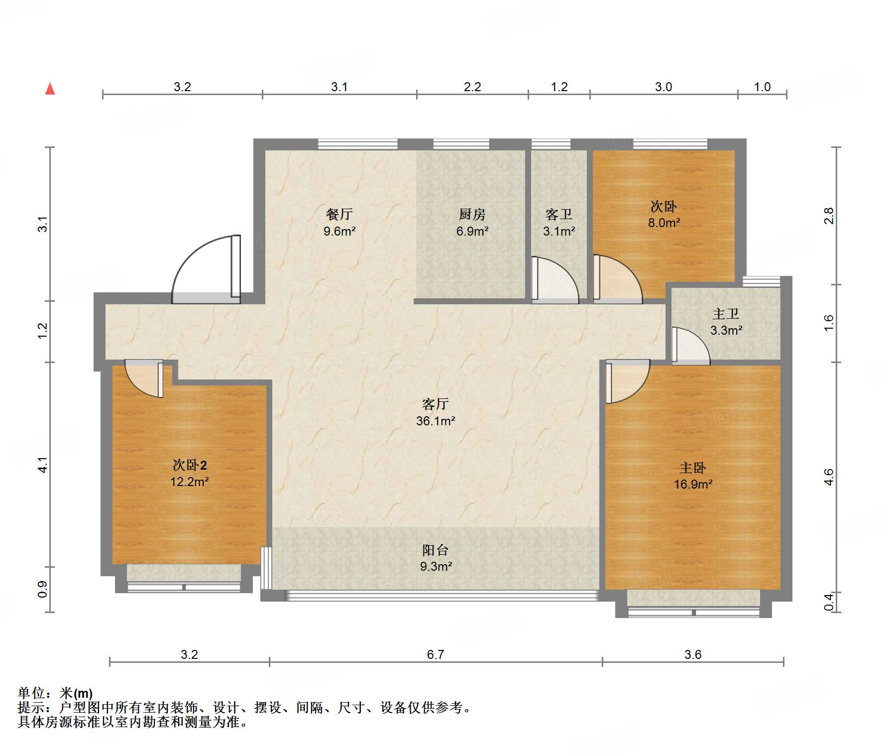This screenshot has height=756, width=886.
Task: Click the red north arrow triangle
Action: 50,89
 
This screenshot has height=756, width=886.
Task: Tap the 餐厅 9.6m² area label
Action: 339,223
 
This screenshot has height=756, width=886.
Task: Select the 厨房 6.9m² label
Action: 472,223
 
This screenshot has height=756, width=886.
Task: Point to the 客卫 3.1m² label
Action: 559,223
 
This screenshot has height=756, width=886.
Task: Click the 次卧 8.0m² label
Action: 664,215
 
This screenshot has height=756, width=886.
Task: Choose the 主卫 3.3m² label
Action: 726,322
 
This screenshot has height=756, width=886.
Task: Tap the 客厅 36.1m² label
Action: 436,412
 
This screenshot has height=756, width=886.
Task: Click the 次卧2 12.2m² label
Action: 189,473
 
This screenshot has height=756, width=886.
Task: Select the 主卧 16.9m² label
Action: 693,476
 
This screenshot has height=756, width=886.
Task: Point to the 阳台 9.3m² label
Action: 436,558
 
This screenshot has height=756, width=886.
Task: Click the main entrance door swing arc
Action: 204,269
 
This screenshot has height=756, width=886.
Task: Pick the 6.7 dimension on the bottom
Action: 435,654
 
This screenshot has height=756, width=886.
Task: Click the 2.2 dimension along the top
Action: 472,87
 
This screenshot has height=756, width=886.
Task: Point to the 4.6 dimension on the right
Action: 828,477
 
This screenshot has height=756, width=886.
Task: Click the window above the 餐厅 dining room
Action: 357,144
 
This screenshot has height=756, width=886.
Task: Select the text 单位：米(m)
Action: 55,693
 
